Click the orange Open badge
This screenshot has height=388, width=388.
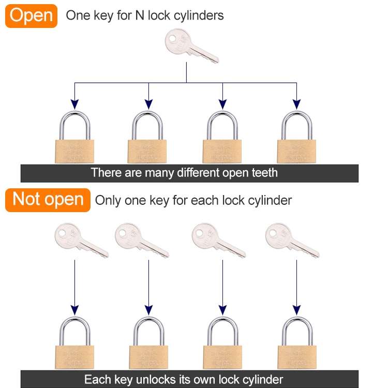[31, 16]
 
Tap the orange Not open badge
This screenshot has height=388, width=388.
[48, 200]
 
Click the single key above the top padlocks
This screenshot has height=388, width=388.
[190, 46]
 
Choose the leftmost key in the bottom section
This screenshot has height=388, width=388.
[80, 241]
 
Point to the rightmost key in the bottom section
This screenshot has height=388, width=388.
[291, 241]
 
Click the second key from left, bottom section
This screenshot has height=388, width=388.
[141, 241]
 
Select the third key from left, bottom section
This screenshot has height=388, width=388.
[217, 241]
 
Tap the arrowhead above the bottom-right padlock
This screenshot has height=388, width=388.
[297, 310]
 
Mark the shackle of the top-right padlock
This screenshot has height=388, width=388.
[297, 123]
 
